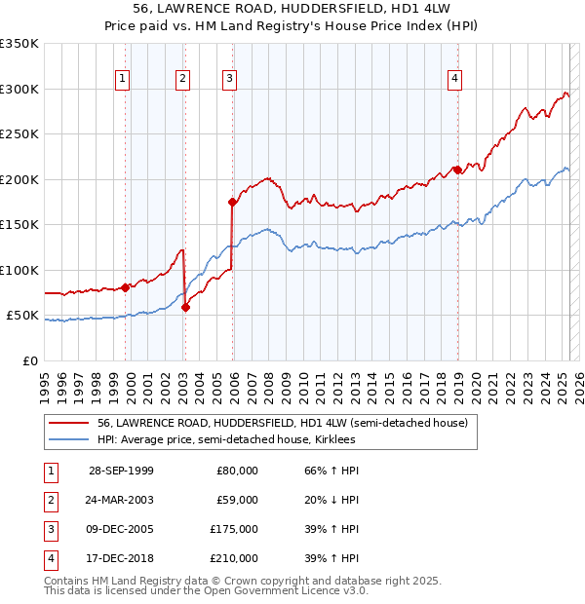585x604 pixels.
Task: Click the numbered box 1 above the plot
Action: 123,80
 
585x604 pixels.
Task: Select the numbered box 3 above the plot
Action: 228,80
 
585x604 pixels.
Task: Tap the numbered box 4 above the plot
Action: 455,80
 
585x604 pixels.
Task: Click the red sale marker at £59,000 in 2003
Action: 185,308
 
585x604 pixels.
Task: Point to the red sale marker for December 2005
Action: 232,203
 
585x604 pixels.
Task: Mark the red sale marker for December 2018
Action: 457,170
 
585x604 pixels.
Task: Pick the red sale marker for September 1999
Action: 126,287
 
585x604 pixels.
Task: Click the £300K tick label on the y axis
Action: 19,89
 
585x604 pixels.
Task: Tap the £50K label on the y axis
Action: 22,316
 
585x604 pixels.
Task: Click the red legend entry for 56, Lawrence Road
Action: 283,423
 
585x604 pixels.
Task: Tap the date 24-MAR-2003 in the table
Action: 121,500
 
